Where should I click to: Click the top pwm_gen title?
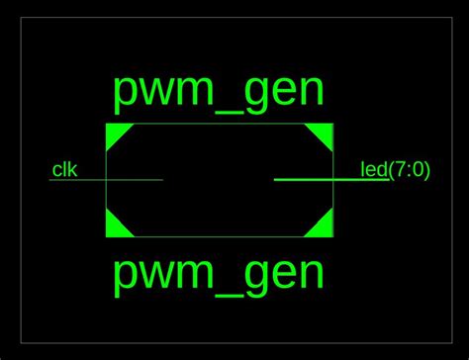click(x=219, y=91)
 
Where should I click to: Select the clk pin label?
click(x=64, y=170)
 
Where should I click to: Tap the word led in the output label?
click(x=373, y=170)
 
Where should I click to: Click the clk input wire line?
click(x=134, y=180)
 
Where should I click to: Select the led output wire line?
click(x=307, y=180)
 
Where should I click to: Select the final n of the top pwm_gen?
click(x=311, y=92)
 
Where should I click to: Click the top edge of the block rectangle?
click(x=219, y=123)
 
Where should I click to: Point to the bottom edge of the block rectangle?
click(x=219, y=237)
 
